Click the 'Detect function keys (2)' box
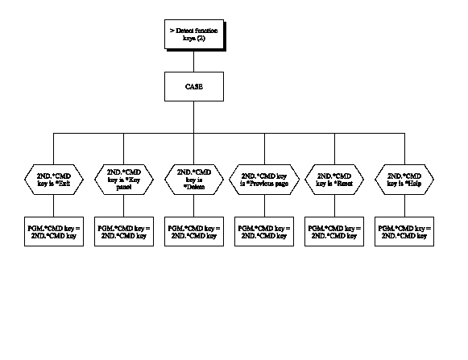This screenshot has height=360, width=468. [x=193, y=34]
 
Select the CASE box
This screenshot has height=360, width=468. [x=193, y=86]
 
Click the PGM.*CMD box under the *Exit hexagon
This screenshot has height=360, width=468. [x=53, y=232]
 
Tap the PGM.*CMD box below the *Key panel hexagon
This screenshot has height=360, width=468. [x=123, y=232]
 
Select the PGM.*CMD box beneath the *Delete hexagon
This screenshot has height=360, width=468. [x=193, y=232]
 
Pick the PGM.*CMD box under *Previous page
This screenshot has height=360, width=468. [x=263, y=232]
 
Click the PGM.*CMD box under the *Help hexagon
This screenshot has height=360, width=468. [x=403, y=232]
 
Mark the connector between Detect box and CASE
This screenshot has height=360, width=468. [x=193, y=61]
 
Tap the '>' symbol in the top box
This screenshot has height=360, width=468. [x=171, y=30]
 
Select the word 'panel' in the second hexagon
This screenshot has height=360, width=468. [x=123, y=185]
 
